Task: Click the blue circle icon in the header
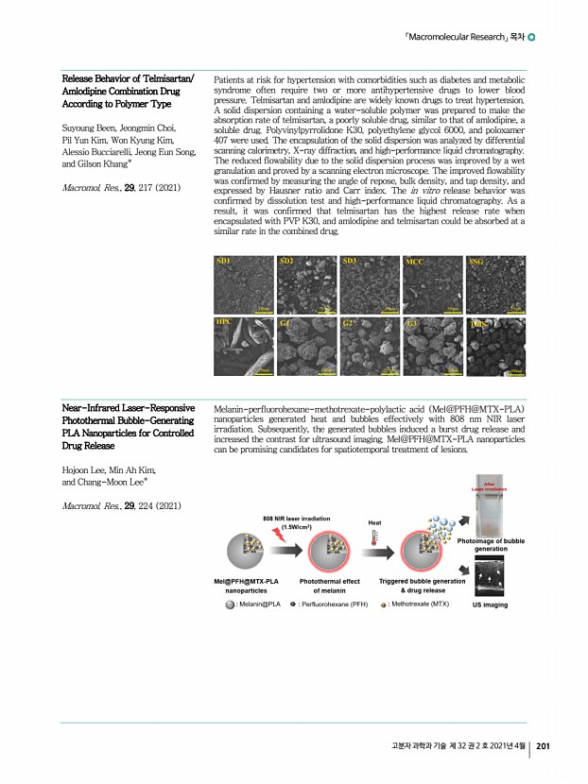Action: (x=531, y=38)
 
